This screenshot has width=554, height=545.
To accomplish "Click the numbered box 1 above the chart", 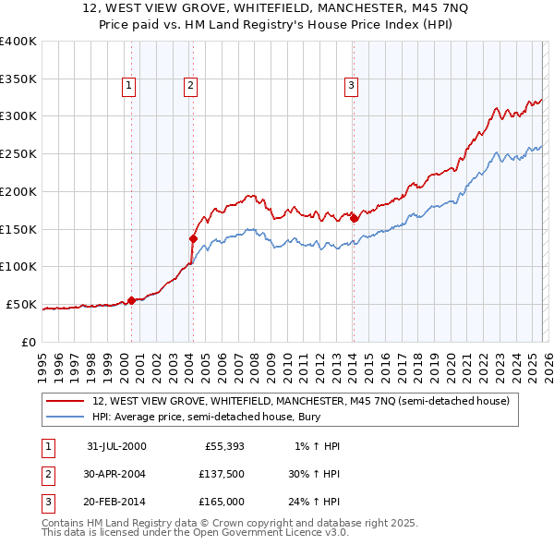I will tap(128, 86).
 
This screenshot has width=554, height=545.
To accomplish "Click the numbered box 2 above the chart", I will tap(190, 86).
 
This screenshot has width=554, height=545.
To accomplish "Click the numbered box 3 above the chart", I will tap(352, 86).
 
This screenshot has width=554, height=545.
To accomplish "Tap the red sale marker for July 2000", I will tap(131, 299).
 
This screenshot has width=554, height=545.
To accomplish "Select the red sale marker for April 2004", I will tap(193, 238).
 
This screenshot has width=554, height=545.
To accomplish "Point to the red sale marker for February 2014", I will tap(354, 218).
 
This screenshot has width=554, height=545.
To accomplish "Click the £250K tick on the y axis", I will tap(18, 153).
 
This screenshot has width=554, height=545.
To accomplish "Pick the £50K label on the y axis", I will tap(21, 304).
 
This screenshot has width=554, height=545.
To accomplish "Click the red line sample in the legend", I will tap(66, 401).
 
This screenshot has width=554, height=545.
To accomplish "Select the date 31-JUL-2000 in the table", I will tap(116, 446).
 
